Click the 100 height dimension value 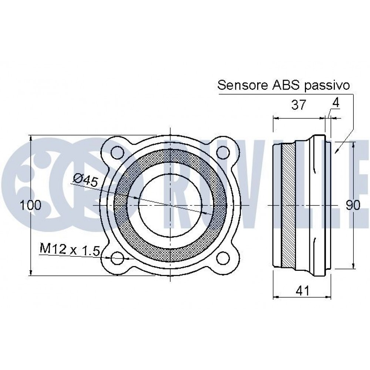tap(31, 205)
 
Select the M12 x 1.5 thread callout tap(70, 250)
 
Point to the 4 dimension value tap(336, 103)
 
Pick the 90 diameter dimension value tap(353, 205)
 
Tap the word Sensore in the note tap(242, 85)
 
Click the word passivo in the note tap(326, 86)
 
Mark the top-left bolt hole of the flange tap(117, 152)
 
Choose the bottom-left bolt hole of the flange tap(117, 258)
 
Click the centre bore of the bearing tap(169, 205)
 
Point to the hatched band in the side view tap(288, 205)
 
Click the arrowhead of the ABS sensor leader tap(336, 152)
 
